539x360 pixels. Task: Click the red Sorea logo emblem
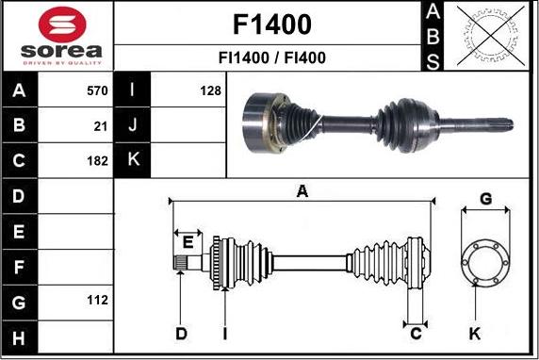62,25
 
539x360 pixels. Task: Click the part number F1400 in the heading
272,25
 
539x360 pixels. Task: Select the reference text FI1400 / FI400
272,57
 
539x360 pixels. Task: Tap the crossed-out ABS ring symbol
491,36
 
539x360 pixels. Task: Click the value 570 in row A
97,90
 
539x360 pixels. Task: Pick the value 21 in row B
101,126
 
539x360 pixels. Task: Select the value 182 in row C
97,161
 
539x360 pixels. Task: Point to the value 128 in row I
210,90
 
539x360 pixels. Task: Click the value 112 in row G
97,300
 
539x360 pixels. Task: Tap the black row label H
19,337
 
